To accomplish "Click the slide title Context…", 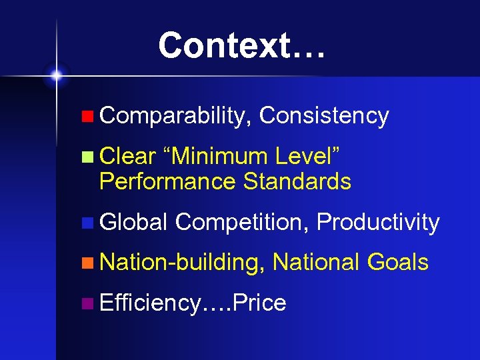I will click(242, 45).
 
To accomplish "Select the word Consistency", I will click(324, 116).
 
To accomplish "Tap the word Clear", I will click(127, 157).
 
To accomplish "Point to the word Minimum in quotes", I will click(219, 157).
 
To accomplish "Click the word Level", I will click(305, 157).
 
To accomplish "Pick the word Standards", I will click(297, 181).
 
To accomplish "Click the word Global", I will click(133, 222).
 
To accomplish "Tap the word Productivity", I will click(379, 222).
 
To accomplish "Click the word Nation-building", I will click(179, 262).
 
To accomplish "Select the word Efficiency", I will click(149, 303).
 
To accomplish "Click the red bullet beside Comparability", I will click(87, 117).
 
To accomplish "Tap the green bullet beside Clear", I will click(87, 158).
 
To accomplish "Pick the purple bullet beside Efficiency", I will click(87, 304).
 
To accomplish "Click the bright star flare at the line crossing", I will click(57, 75).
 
